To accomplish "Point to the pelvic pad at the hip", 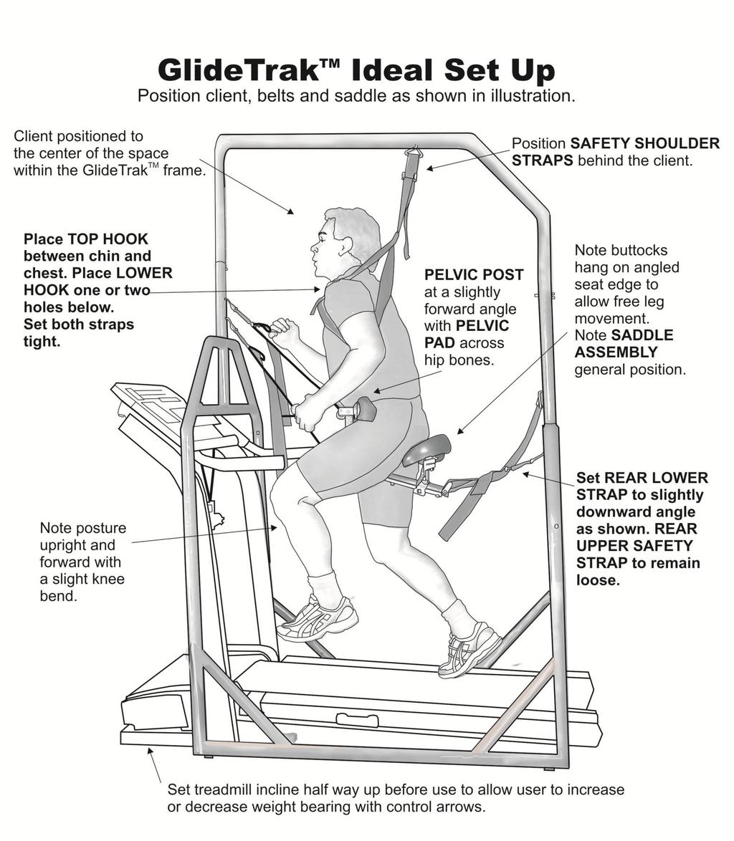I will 365,409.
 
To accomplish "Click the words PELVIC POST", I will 474,275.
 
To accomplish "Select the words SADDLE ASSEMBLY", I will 624,344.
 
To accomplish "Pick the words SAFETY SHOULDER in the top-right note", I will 645,143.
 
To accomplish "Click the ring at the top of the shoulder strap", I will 412,152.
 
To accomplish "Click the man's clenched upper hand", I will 285,330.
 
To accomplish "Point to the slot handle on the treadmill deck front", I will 356,719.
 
